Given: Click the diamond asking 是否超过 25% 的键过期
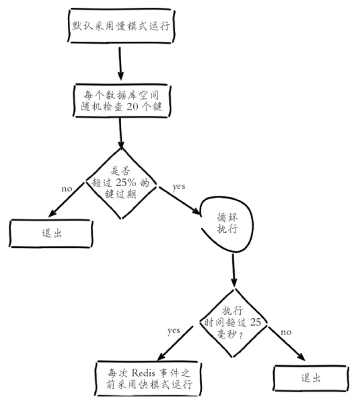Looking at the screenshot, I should (x=122, y=181).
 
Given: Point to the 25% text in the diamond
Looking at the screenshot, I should (x=127, y=182).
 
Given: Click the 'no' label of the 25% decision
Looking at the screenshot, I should (x=67, y=188).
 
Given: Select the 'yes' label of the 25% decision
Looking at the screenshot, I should (x=178, y=186).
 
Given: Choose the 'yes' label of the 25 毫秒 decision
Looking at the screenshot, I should (x=174, y=330).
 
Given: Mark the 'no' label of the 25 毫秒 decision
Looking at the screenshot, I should (x=285, y=332).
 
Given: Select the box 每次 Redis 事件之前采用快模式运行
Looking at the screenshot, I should (x=145, y=377).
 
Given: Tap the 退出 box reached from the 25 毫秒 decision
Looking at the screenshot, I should (x=310, y=378).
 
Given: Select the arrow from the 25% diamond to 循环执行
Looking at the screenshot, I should (x=178, y=200).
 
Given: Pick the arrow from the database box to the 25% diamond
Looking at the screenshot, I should (x=122, y=135).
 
